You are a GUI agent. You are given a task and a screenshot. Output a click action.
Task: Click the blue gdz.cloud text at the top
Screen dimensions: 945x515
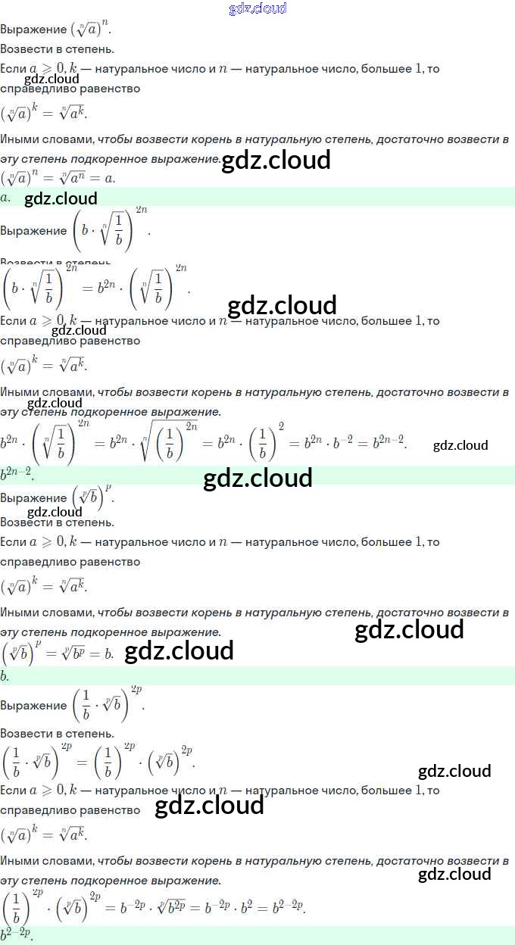(x=257, y=8)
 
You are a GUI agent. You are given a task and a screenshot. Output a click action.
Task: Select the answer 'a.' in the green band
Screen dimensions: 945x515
(x=5, y=198)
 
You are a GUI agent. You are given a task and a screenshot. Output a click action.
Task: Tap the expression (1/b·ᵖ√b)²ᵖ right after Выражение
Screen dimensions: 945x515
(x=108, y=704)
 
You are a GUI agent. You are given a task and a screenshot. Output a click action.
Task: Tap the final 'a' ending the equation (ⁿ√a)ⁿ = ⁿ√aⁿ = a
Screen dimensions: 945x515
(x=109, y=179)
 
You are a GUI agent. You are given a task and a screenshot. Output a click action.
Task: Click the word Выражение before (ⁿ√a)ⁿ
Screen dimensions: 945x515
(x=33, y=30)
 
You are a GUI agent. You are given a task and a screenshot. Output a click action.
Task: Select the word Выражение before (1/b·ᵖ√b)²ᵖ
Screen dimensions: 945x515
(x=33, y=705)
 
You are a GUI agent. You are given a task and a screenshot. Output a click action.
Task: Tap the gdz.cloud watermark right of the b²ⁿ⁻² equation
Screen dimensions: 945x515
(x=460, y=445)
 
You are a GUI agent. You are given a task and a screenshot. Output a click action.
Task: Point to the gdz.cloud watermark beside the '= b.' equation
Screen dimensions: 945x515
(x=179, y=651)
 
